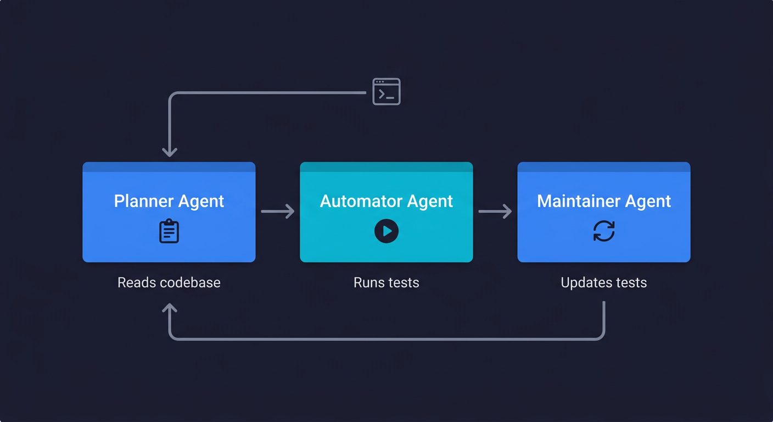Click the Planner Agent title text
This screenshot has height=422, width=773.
point(169,201)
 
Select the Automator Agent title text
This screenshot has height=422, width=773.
point(386,201)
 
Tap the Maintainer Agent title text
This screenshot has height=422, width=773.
point(604,201)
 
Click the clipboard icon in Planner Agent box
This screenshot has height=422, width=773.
point(169,231)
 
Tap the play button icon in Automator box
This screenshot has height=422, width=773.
point(386,231)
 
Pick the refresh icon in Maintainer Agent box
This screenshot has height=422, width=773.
point(604,231)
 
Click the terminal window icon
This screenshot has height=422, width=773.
point(386,92)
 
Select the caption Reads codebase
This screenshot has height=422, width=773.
point(169,282)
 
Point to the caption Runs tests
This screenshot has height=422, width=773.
point(386,282)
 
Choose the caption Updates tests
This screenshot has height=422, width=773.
point(604,282)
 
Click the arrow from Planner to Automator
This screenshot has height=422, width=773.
point(278,211)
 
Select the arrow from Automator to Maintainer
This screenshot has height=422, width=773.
point(495,211)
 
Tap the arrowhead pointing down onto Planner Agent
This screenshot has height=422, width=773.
point(170,152)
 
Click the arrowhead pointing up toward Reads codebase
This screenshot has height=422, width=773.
point(170,309)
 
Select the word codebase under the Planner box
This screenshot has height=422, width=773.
point(191,282)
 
